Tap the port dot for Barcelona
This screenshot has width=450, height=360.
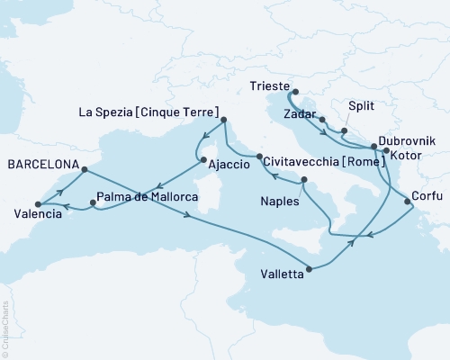(84, 169)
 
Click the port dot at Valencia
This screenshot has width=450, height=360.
(38, 204)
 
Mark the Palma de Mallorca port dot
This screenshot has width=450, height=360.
(93, 204)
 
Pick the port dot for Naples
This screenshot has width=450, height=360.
(304, 181)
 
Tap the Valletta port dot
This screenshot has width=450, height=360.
(310, 268)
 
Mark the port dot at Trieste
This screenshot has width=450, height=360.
(295, 91)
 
